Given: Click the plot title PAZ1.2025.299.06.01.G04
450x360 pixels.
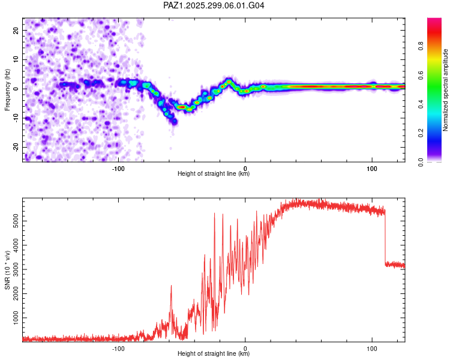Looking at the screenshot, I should click(214, 5).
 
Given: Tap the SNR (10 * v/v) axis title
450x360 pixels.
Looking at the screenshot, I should click(7, 271).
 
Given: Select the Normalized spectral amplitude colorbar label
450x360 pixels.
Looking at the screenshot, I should click(446, 90).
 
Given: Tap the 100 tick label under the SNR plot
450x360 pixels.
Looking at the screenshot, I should click(371, 347).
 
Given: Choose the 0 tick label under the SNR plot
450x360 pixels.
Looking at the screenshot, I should click(245, 347).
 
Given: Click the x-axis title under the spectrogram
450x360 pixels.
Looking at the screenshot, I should click(214, 174).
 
